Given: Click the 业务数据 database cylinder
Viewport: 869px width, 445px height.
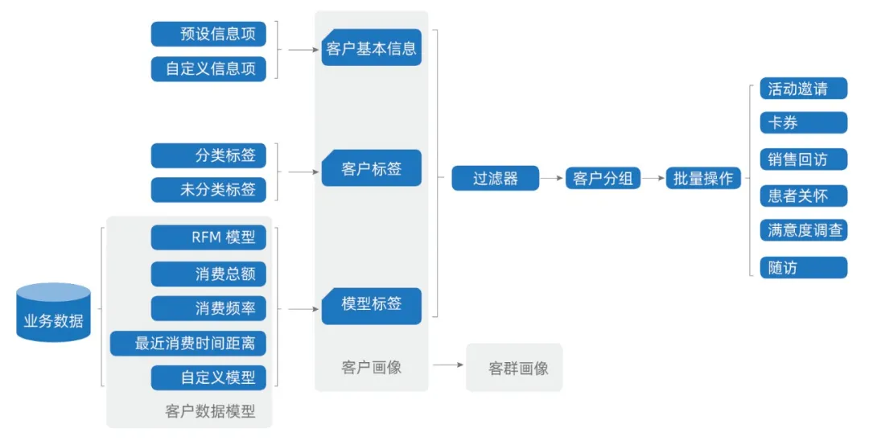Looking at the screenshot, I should coord(53,313).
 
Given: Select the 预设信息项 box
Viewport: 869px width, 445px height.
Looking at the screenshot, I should coord(208,34).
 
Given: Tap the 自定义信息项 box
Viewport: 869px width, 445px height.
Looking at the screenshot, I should coord(208,68).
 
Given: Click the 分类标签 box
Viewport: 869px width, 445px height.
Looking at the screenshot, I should coord(208,155).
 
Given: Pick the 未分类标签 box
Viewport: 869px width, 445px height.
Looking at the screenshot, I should coord(208,190).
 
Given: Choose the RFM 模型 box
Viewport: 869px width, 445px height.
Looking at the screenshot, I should coord(208,237).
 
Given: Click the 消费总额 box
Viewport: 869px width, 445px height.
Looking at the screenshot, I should coord(208,274).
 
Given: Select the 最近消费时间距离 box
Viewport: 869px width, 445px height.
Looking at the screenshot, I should coord(188,344).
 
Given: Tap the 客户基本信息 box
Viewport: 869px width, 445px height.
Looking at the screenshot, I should coord(372,49).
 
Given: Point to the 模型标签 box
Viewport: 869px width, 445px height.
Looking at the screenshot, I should coord(372,306).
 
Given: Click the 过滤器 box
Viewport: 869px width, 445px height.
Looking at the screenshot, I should coord(495,178).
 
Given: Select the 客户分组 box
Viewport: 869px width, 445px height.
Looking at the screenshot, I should coord(603,178).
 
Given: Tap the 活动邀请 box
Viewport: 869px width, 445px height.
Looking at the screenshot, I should coord(803,89).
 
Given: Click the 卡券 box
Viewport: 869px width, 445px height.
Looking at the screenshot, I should coord(803,123).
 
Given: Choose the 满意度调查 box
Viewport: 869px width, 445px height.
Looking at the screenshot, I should coord(803,230).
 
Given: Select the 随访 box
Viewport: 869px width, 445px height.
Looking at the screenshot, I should coord(803,267).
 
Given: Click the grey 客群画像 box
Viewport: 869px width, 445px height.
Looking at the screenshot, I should coord(515,368).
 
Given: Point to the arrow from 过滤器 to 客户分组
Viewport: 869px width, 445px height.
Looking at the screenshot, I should coord(551,178).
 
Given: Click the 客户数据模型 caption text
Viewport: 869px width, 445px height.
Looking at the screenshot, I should coord(210,411).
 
